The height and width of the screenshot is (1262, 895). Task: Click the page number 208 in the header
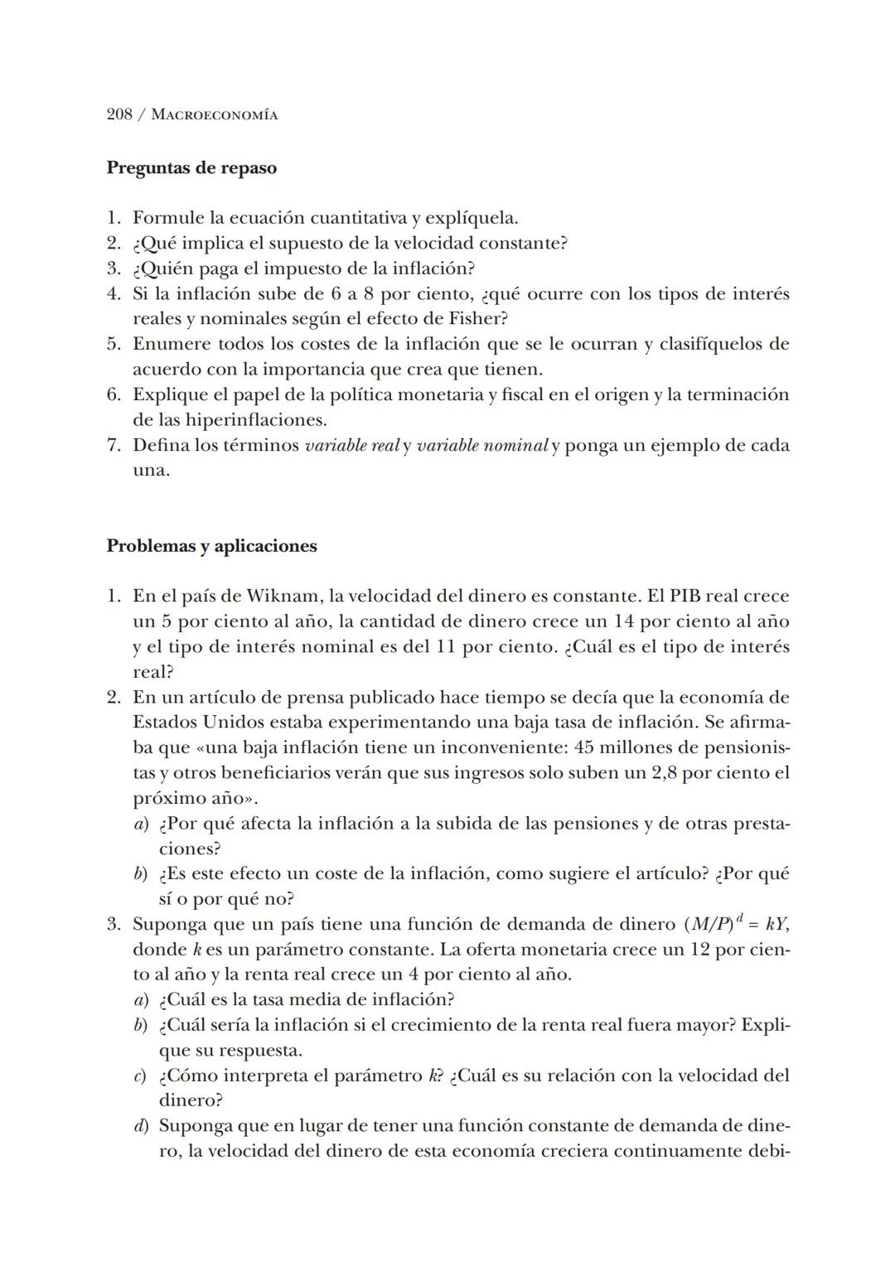coord(120,115)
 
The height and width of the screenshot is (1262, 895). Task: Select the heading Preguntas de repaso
coord(191,168)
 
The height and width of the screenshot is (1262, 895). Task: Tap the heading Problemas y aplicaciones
coord(211,546)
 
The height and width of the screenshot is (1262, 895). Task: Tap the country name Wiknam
coord(283,597)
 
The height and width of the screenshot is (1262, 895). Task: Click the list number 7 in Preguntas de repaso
coord(114,446)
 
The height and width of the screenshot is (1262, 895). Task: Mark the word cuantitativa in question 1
coord(359,219)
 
